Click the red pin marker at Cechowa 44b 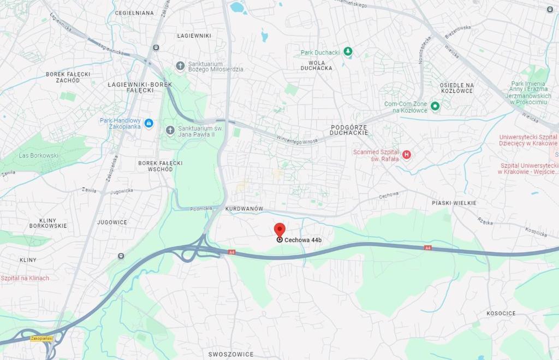(279, 229)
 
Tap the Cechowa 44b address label (303, 240)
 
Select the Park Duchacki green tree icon (348, 52)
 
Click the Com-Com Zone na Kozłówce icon (435, 106)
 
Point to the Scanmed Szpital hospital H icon (406, 155)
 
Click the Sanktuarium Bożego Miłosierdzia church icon (180, 66)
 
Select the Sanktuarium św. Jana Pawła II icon (170, 131)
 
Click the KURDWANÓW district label (244, 209)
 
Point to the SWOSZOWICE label (228, 354)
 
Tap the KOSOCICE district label (501, 313)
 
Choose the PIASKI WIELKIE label (454, 203)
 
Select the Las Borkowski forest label (38, 155)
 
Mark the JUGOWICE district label (112, 222)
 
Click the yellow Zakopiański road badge (41, 339)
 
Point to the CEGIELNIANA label (134, 13)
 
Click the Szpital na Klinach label (25, 278)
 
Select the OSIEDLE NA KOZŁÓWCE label (456, 88)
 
